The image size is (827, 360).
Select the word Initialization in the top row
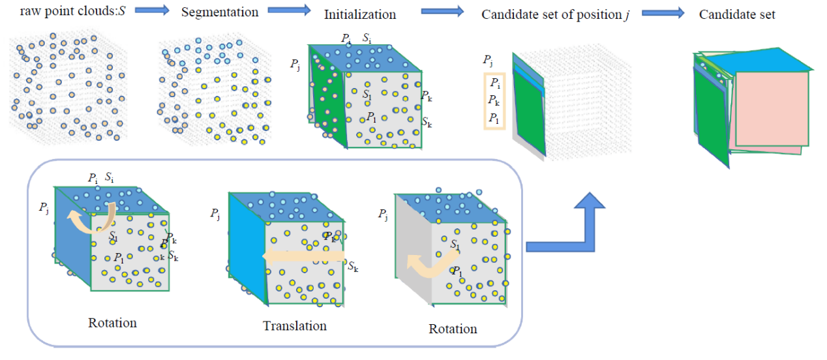coord(359,14)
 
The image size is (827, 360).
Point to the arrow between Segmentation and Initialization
coord(289,11)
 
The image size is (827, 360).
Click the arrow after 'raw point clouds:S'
coord(153,11)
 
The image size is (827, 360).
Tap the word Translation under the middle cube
coord(294,325)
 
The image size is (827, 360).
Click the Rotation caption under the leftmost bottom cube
coord(112,323)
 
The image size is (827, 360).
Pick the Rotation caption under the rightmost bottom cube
coord(453,329)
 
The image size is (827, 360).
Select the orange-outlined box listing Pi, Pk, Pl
coord(495,100)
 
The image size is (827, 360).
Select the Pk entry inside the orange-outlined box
coord(496,100)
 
